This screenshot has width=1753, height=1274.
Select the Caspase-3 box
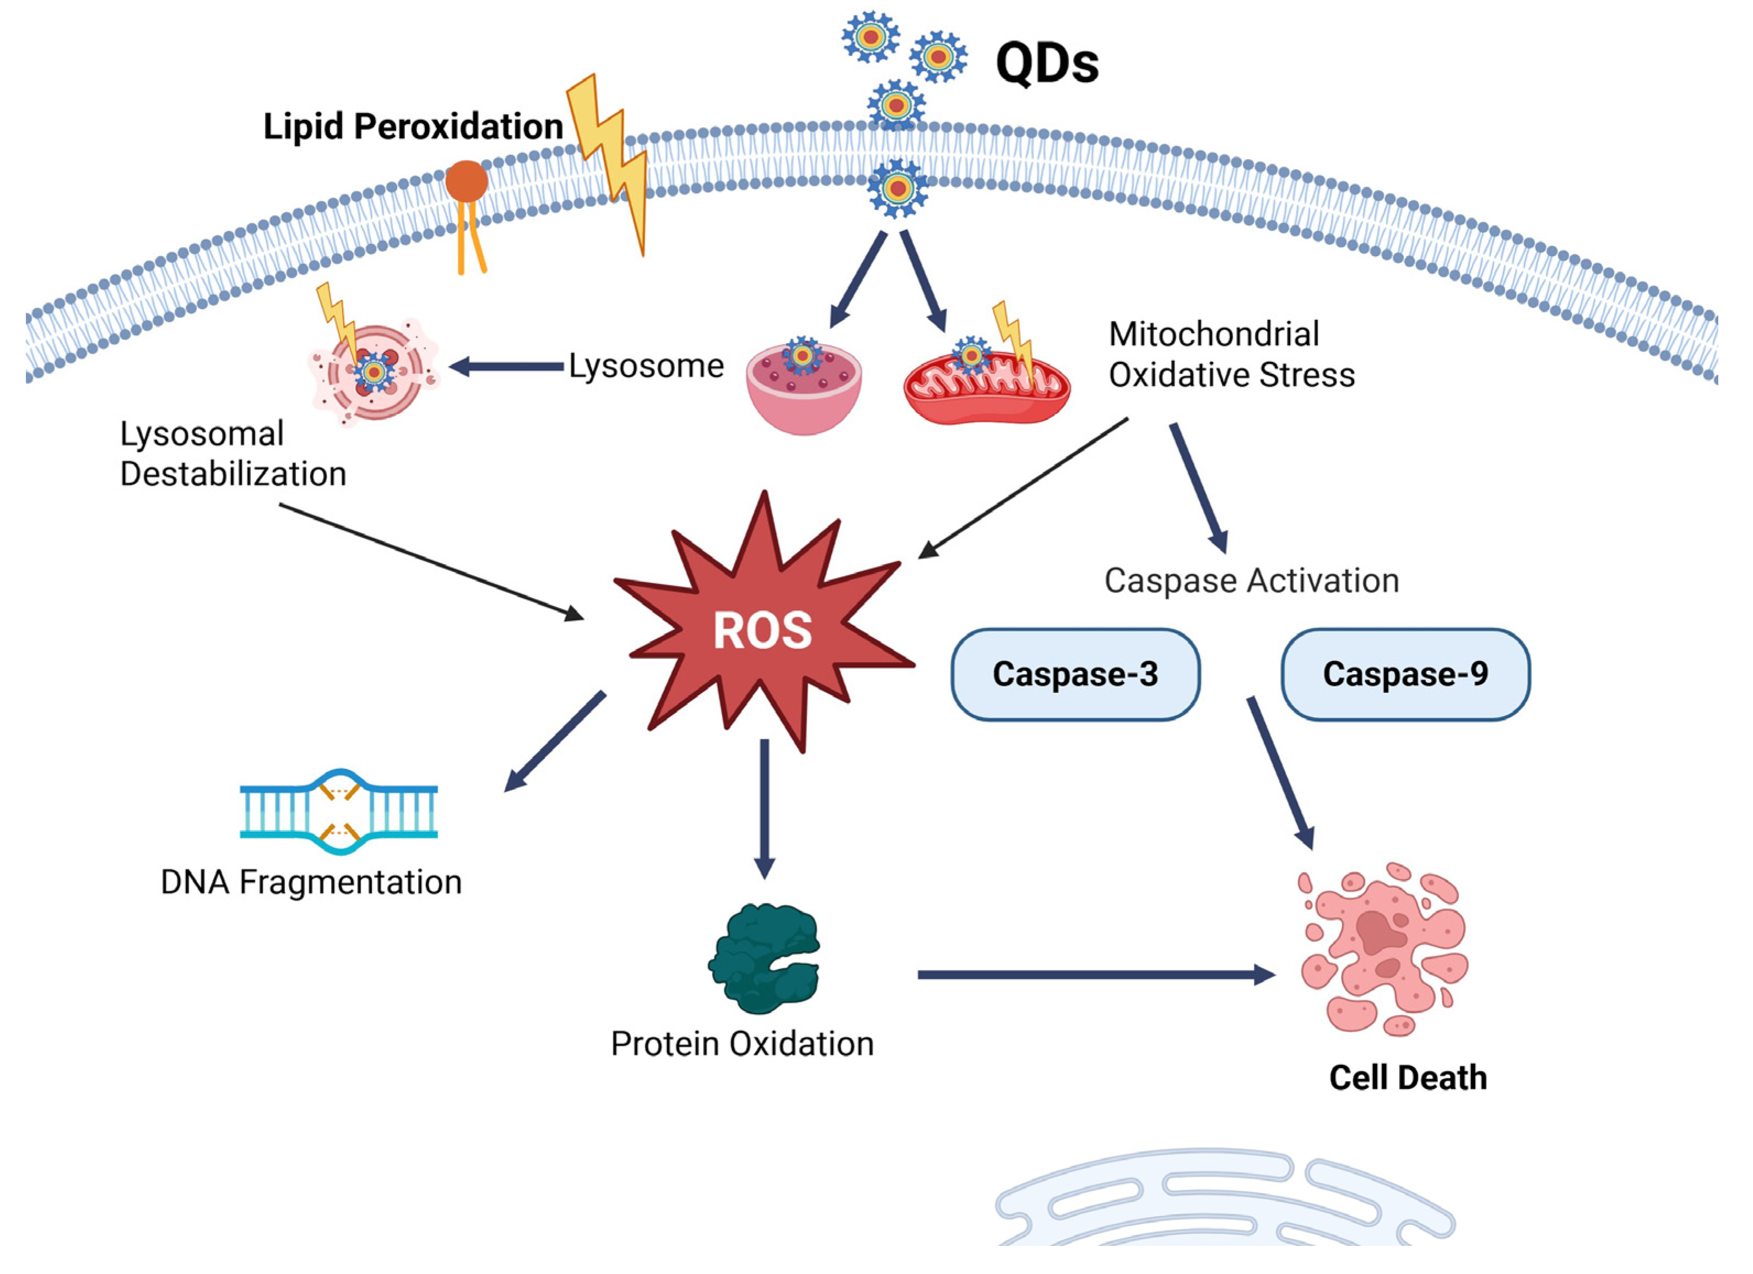pyautogui.click(x=1075, y=674)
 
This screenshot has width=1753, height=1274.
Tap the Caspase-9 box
pyautogui.click(x=1405, y=674)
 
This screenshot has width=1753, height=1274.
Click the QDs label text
pyautogui.click(x=1047, y=63)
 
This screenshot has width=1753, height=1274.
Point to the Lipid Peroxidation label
pyautogui.click(x=413, y=127)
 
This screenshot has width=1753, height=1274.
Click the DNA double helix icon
pyautogui.click(x=339, y=811)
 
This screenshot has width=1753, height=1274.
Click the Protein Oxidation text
pyautogui.click(x=742, y=1044)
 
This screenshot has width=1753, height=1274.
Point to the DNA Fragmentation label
pyautogui.click(x=311, y=881)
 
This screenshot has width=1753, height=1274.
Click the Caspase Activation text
pyautogui.click(x=1251, y=580)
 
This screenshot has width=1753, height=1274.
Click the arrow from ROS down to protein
pyautogui.click(x=765, y=807)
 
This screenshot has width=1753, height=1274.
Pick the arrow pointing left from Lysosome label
pyautogui.click(x=506, y=366)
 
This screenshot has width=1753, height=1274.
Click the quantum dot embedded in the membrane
pyautogui.click(x=896, y=188)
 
